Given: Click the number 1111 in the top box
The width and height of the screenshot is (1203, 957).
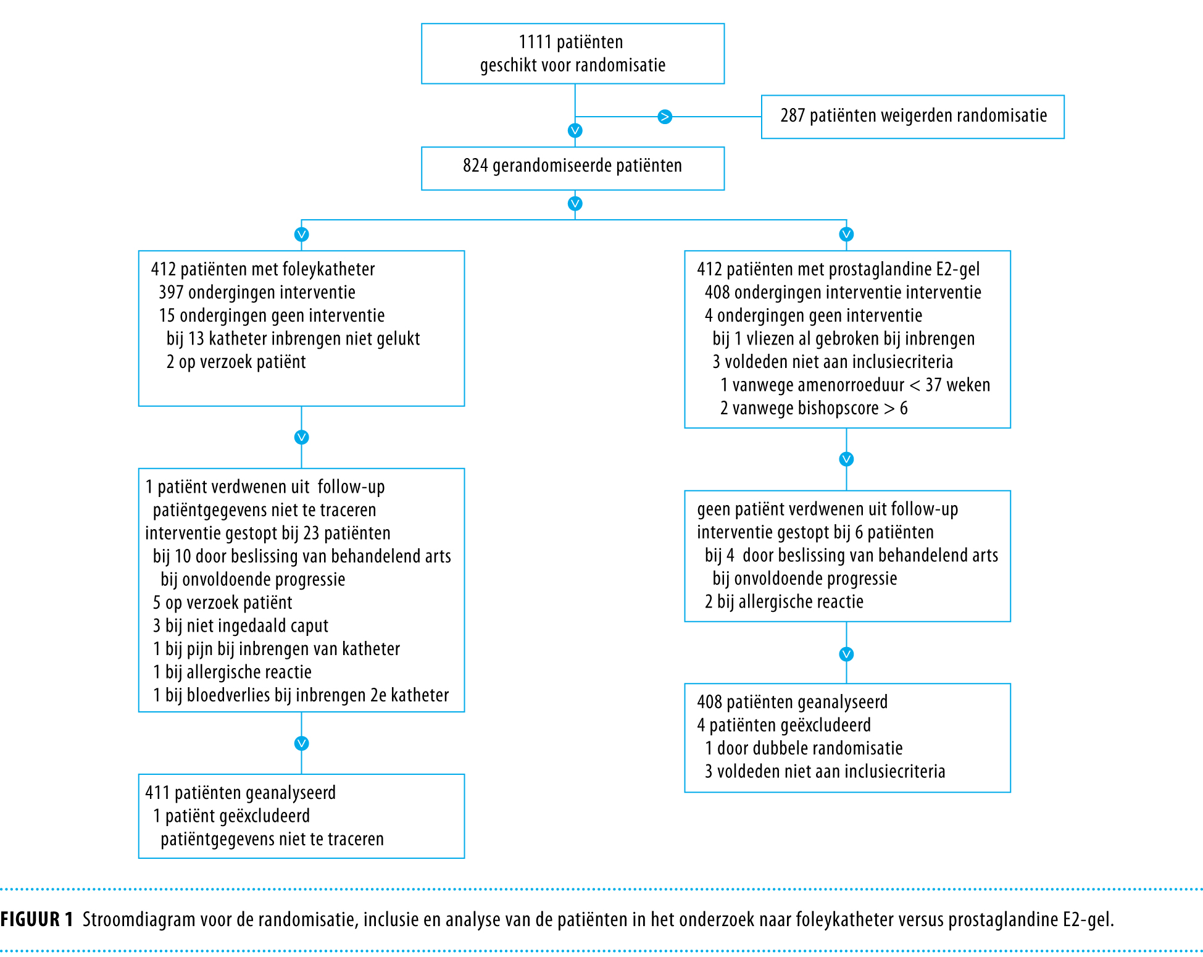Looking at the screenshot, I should (x=535, y=42).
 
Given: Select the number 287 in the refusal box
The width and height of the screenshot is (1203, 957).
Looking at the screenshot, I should (x=793, y=115).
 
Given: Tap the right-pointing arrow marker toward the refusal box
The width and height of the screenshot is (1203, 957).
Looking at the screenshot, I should (x=665, y=117).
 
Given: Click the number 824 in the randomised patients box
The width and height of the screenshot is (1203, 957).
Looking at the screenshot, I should (x=475, y=165).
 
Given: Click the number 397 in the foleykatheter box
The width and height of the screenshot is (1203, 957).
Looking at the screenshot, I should (x=171, y=292).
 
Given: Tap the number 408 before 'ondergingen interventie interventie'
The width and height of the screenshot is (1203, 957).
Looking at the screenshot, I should (x=717, y=292).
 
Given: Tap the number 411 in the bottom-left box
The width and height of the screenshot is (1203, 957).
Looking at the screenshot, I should (x=157, y=793).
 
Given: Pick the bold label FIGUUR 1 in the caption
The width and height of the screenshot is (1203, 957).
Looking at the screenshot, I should (x=37, y=919).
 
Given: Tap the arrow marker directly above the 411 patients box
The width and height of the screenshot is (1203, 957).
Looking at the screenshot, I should (x=301, y=743).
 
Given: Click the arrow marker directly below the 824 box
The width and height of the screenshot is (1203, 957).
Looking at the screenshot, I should (x=575, y=204).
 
